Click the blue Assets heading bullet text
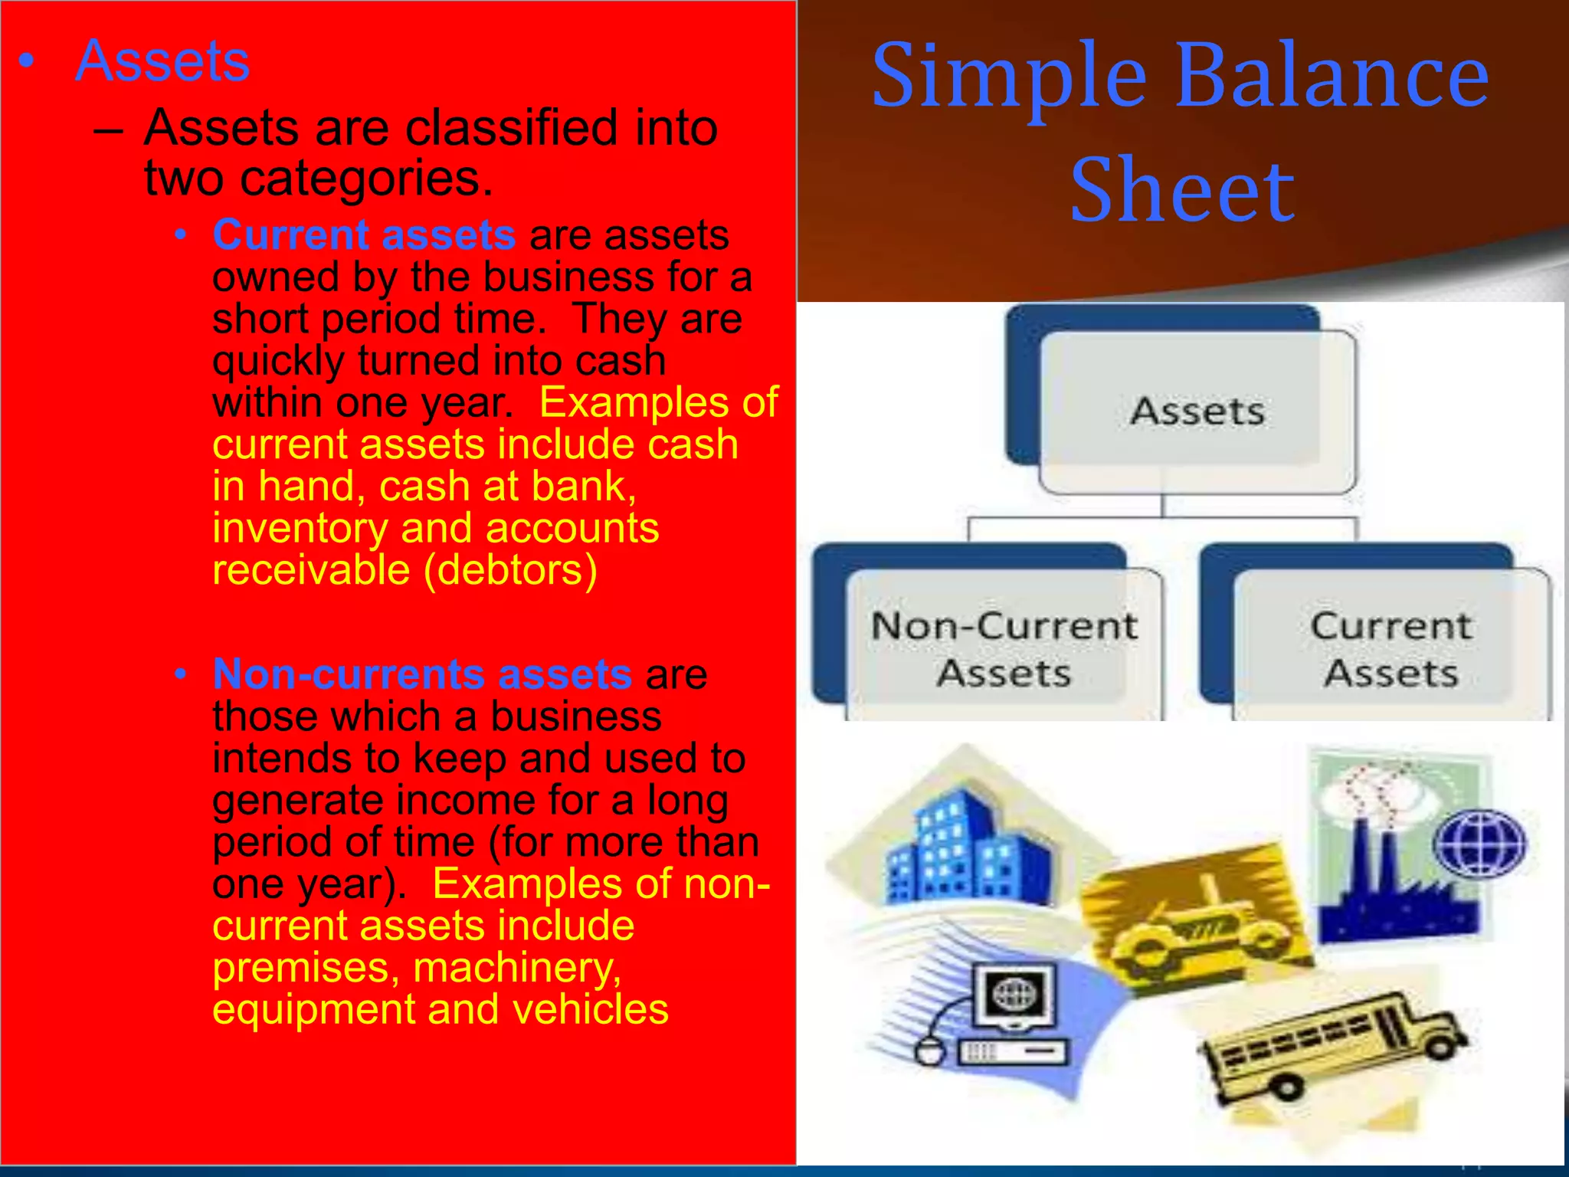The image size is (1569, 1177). pos(162,61)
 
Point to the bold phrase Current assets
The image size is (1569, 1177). pos(364,234)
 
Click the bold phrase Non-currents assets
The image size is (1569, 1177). pos(422,674)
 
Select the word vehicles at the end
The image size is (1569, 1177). pos(590,1009)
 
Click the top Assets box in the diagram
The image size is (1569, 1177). pos(1197,411)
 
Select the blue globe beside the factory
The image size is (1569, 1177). pos(1479,843)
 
